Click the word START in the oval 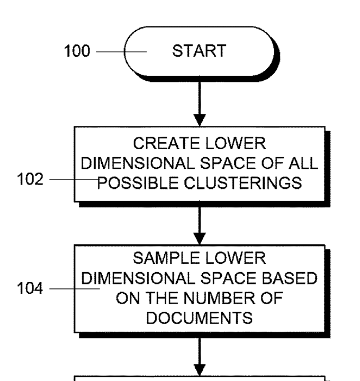200,51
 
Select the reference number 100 77,51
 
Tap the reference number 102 30,179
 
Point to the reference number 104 30,288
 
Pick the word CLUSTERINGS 243,183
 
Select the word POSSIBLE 139,183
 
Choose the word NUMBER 220,298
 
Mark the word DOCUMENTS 200,318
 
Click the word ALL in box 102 303,163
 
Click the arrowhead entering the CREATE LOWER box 200,120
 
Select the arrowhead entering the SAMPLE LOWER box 200,239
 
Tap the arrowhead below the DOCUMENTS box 200,370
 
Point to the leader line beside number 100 122,52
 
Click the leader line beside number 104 75,289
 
